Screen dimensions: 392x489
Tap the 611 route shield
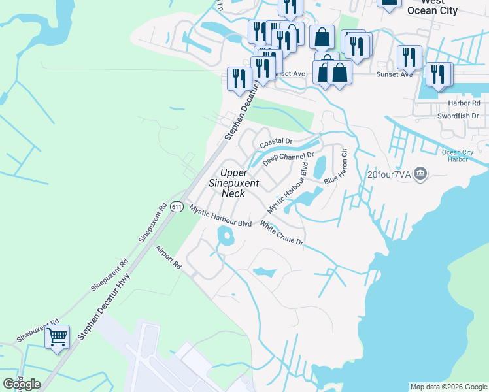(x=177, y=206)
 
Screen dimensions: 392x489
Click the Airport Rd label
(x=168, y=257)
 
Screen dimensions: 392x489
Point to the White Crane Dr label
(x=282, y=233)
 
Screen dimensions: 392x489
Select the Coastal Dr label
(x=275, y=142)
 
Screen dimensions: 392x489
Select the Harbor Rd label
(x=464, y=103)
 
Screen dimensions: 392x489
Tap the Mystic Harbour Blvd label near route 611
(x=220, y=216)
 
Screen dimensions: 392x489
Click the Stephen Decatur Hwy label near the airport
(x=104, y=308)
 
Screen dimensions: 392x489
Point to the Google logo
(x=22, y=384)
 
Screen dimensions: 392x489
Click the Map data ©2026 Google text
(x=448, y=387)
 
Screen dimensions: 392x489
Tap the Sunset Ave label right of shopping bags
(x=394, y=74)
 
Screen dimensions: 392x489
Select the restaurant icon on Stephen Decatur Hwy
(x=238, y=78)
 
